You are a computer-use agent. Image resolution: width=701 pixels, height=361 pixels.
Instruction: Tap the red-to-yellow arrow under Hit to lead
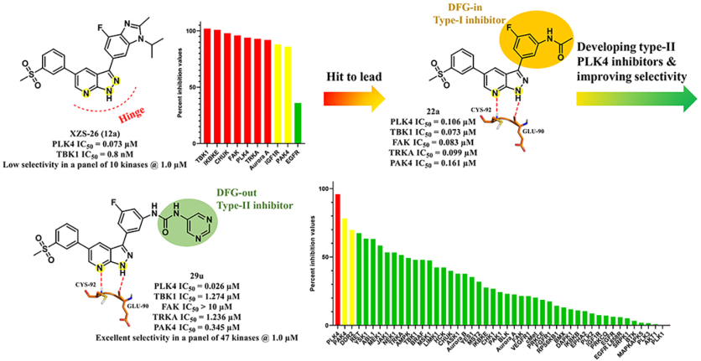[x=354, y=96]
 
